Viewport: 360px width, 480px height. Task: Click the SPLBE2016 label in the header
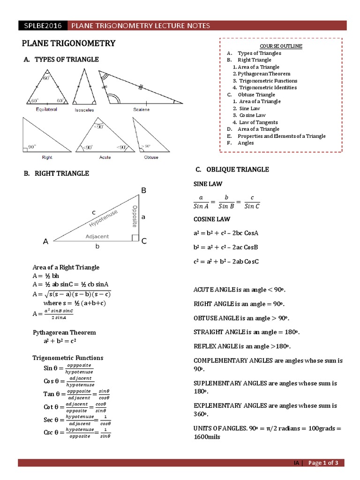(x=42, y=25)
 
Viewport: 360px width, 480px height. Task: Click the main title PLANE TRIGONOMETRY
(x=68, y=44)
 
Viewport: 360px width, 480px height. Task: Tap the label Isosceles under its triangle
(x=84, y=110)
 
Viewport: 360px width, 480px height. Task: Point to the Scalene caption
(x=141, y=110)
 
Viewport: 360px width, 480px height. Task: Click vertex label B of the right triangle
(x=144, y=190)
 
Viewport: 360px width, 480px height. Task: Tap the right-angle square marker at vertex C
(x=135, y=239)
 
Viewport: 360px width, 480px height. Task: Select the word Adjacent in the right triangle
(x=97, y=237)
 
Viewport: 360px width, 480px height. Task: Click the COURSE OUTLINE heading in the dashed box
(x=281, y=46)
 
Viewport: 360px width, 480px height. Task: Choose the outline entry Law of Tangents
(x=258, y=122)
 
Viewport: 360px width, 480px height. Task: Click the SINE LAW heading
(x=208, y=184)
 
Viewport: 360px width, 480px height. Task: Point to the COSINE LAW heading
(x=212, y=219)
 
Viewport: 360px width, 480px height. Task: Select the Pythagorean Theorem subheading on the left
(x=64, y=332)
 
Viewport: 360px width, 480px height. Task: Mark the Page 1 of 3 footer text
(x=326, y=463)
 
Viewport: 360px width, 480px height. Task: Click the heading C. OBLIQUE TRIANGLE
(x=232, y=169)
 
